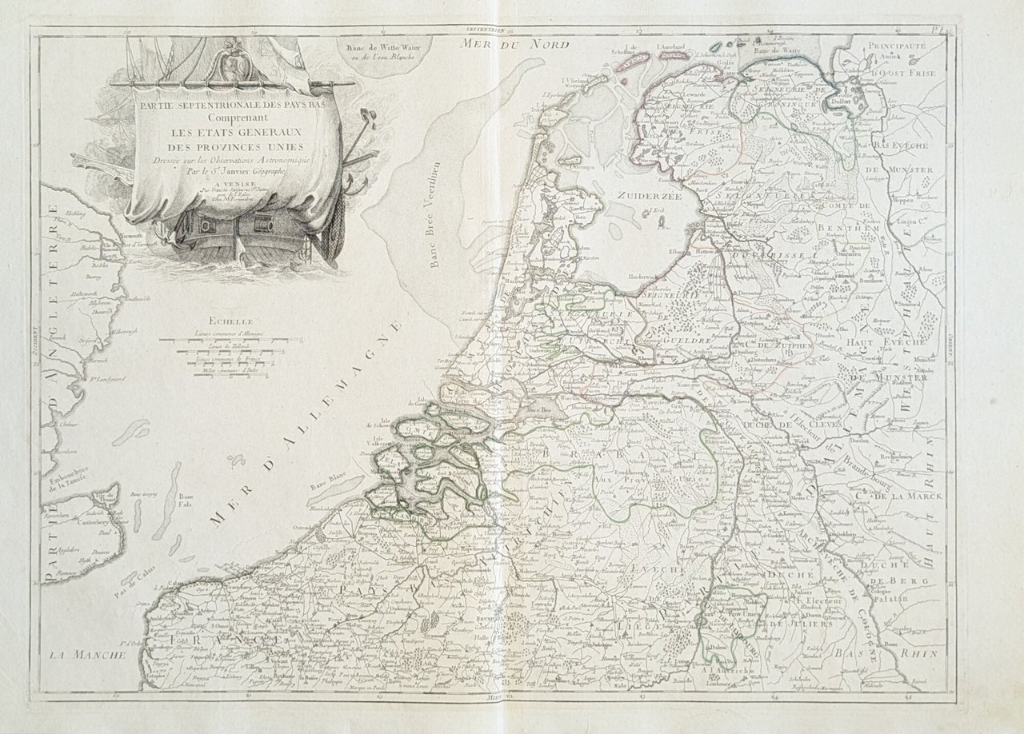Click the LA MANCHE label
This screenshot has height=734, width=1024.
[87, 655]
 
